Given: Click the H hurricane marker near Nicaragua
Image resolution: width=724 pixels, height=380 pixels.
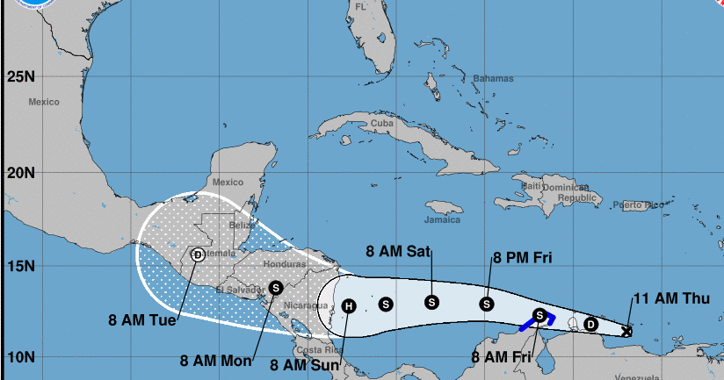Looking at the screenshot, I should pos(349,306).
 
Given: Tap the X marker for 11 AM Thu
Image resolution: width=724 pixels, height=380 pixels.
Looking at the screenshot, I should pos(626,331).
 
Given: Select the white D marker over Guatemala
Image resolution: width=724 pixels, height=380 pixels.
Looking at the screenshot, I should pos(198,255).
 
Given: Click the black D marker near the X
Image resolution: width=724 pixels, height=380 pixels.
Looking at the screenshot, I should pos(590,324).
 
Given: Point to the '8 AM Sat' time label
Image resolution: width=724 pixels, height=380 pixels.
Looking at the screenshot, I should pos(398,252).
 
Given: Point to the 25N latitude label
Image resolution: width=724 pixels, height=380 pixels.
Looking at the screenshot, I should pos(20,76).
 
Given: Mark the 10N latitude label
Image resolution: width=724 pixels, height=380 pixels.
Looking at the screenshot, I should pos(20,357).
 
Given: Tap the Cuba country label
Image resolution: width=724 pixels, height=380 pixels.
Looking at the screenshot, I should pos(381,124).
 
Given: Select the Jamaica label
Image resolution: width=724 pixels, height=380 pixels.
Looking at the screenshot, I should pos(442,219).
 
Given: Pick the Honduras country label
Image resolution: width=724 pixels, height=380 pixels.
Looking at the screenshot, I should pos(283,263).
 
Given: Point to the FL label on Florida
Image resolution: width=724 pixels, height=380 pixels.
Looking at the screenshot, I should pos(360,7).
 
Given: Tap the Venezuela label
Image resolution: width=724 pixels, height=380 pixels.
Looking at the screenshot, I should pos(636,376).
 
